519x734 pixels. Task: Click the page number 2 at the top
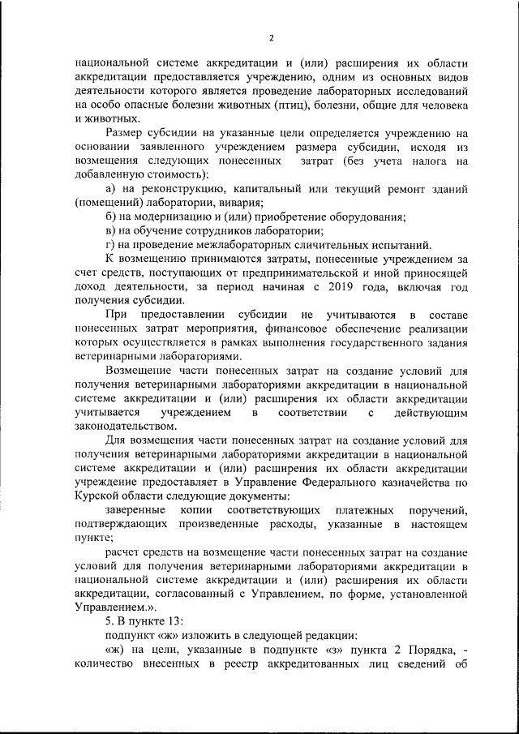click(272, 37)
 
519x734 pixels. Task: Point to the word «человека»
click(439, 104)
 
